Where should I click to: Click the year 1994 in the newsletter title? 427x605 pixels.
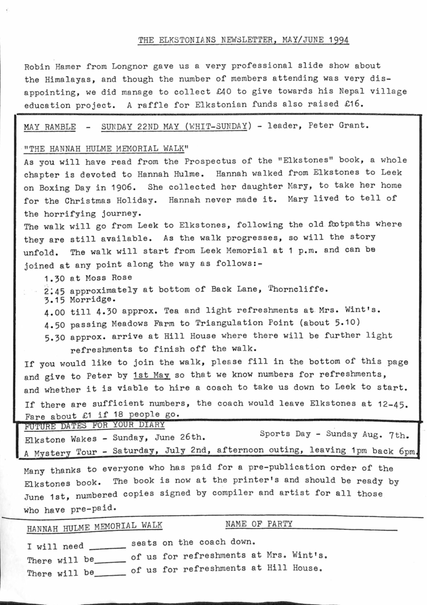coord(337,40)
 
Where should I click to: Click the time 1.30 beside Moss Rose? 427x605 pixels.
coord(56,277)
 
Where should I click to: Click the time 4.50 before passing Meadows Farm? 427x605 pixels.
coord(56,323)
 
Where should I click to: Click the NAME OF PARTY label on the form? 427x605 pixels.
coord(259,523)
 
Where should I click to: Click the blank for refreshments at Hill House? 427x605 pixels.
coord(110,573)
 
